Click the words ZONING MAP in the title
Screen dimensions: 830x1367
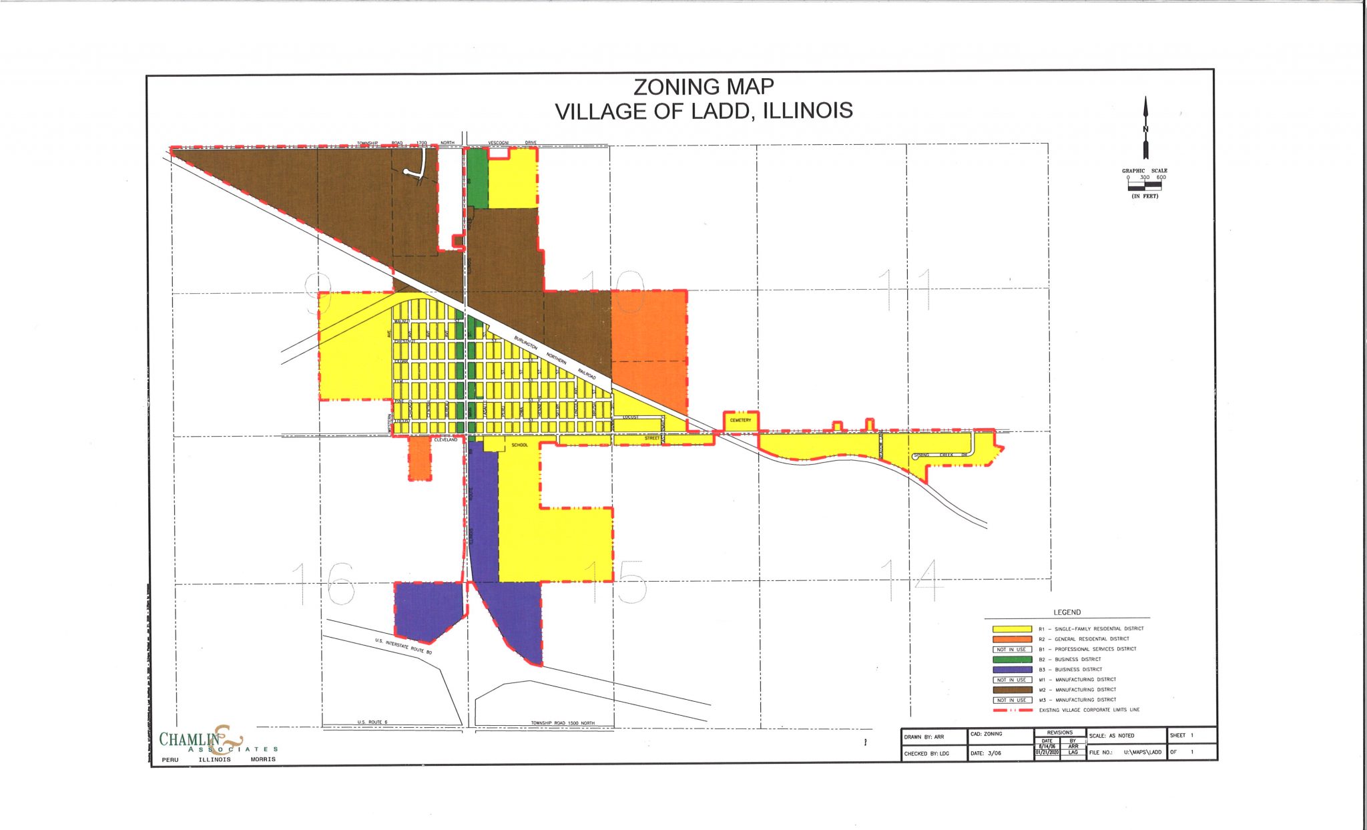click(704, 87)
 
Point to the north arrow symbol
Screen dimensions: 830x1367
click(1145, 128)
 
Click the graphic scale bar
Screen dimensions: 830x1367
click(1145, 186)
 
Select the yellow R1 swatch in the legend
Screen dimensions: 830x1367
click(1012, 629)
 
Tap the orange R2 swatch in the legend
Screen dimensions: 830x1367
click(1012, 639)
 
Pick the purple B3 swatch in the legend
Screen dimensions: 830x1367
click(1012, 670)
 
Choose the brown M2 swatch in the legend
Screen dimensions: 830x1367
click(1012, 690)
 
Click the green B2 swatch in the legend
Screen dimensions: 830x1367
click(1012, 660)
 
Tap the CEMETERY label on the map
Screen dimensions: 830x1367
click(741, 421)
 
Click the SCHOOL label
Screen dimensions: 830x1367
click(519, 445)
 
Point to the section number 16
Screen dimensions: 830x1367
click(324, 583)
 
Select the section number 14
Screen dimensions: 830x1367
click(912, 580)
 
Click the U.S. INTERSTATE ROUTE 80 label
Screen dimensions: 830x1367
click(403, 646)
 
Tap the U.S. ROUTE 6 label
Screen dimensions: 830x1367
click(372, 722)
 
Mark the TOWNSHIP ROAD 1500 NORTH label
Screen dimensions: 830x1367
click(562, 723)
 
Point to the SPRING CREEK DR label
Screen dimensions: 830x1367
click(940, 455)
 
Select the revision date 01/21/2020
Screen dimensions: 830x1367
click(1047, 752)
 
